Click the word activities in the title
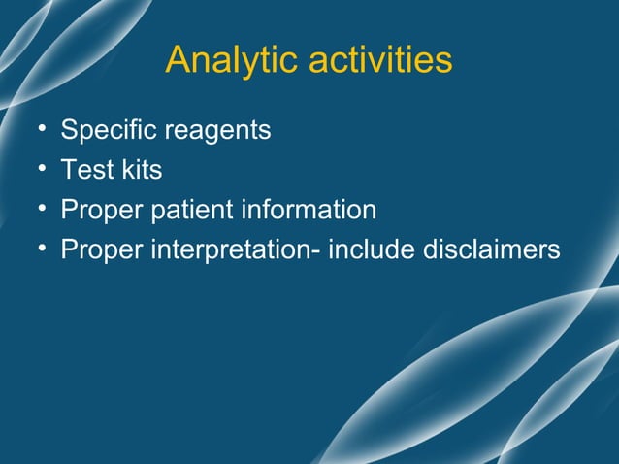[380, 60]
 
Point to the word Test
[82, 170]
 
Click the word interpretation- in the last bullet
[235, 250]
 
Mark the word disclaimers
[492, 249]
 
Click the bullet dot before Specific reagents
[42, 130]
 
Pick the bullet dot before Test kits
[42, 170]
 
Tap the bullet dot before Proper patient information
[42, 210]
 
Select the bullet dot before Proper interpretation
[42, 249]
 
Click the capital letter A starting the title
[178, 60]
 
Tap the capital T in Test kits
[68, 170]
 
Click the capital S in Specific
[69, 130]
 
